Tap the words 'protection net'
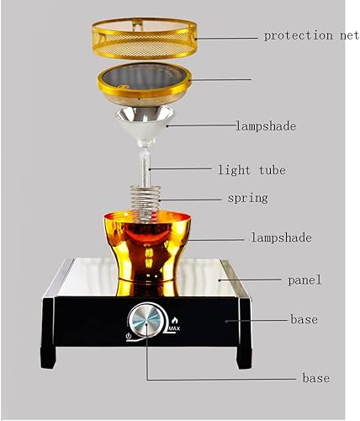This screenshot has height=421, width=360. tap(310, 35)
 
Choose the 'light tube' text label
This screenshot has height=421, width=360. tap(251, 170)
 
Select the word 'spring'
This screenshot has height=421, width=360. tap(247, 199)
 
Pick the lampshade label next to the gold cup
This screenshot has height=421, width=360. tap(281, 238)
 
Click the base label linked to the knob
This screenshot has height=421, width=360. tap(316, 378)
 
